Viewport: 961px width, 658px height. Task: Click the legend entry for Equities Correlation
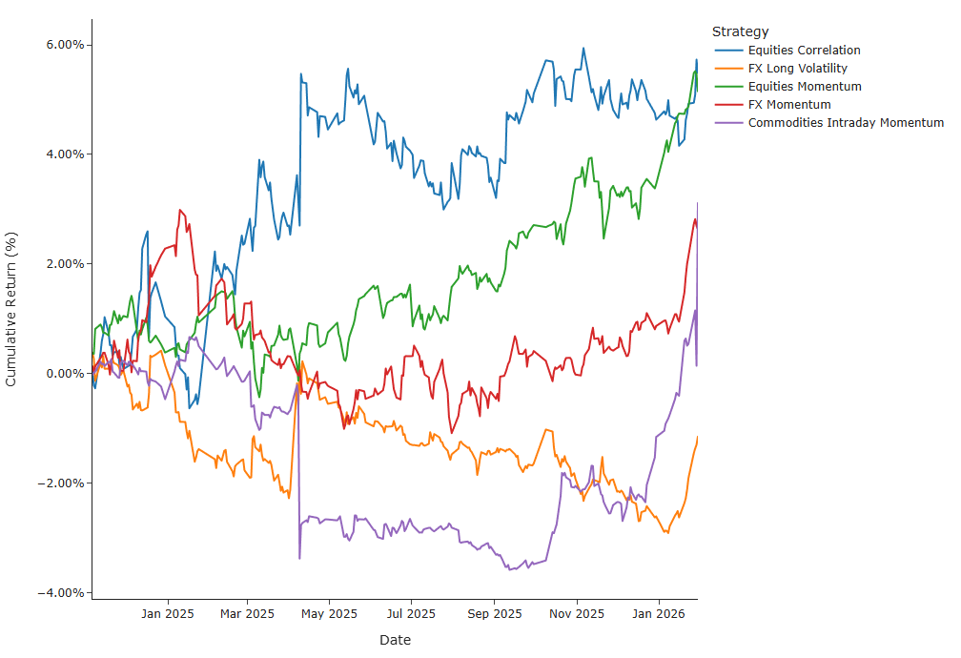[804, 51]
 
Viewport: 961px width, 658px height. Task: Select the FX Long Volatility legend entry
[797, 69]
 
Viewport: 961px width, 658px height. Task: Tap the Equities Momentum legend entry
[805, 87]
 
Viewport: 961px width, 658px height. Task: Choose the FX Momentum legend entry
[789, 105]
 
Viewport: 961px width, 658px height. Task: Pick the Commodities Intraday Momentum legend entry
[846, 123]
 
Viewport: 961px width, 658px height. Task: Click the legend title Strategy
[740, 32]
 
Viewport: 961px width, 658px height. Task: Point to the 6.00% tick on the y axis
[61, 45]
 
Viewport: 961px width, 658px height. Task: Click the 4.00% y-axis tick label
[61, 154]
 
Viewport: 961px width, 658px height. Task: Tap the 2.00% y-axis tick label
[61, 264]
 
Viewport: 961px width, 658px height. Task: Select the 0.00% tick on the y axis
[61, 374]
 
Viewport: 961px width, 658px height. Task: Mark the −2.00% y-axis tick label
[58, 483]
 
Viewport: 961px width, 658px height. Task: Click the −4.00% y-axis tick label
[58, 593]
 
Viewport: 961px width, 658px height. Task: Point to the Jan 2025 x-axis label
[167, 613]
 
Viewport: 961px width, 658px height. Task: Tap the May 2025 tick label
[328, 613]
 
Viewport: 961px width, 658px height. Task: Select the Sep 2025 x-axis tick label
[494, 613]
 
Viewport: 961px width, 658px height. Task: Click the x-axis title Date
[395, 640]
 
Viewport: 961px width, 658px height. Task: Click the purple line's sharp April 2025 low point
[299, 558]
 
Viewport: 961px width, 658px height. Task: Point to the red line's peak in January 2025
[179, 210]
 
